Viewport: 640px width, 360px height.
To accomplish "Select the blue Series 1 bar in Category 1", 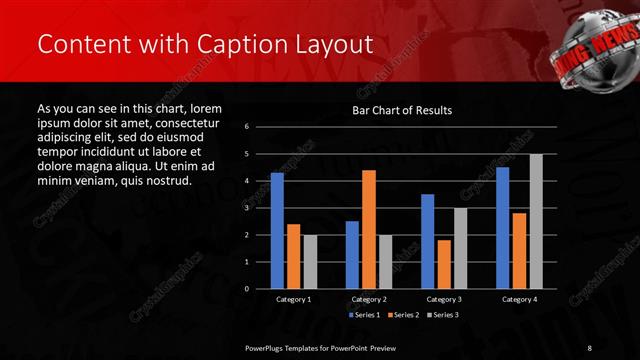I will [x=277, y=231].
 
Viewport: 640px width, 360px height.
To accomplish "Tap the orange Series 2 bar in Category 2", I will [x=368, y=229].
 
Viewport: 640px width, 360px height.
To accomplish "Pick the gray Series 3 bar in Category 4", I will [x=536, y=221].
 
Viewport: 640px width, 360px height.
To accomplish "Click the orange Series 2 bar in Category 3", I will [x=444, y=264].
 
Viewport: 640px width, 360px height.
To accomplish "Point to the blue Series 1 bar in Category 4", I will [x=503, y=228].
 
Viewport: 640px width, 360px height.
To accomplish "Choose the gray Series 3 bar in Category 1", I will [x=309, y=262].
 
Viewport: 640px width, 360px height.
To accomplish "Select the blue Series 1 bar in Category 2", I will [x=352, y=255].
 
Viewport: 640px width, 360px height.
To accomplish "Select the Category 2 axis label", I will [x=369, y=299].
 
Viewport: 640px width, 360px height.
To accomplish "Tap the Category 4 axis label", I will [x=519, y=299].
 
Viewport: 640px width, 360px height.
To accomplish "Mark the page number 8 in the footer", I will [x=589, y=347].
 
